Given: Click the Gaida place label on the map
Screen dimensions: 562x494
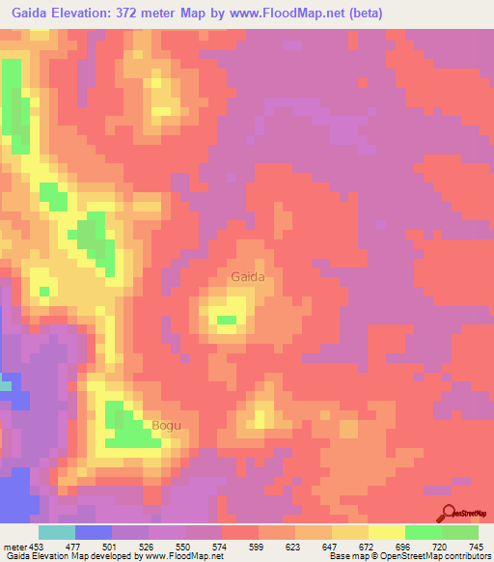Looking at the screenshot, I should pyautogui.click(x=247, y=277).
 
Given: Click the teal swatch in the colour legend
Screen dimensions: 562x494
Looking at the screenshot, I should pyautogui.click(x=57, y=532).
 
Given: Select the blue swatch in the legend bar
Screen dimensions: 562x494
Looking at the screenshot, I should pyautogui.click(x=94, y=532).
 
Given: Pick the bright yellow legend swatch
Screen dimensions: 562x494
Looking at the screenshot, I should pyautogui.click(x=386, y=532).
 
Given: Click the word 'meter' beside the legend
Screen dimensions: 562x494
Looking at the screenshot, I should pyautogui.click(x=14, y=546).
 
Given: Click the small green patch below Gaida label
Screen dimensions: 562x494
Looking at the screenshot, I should pyautogui.click(x=227, y=320).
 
